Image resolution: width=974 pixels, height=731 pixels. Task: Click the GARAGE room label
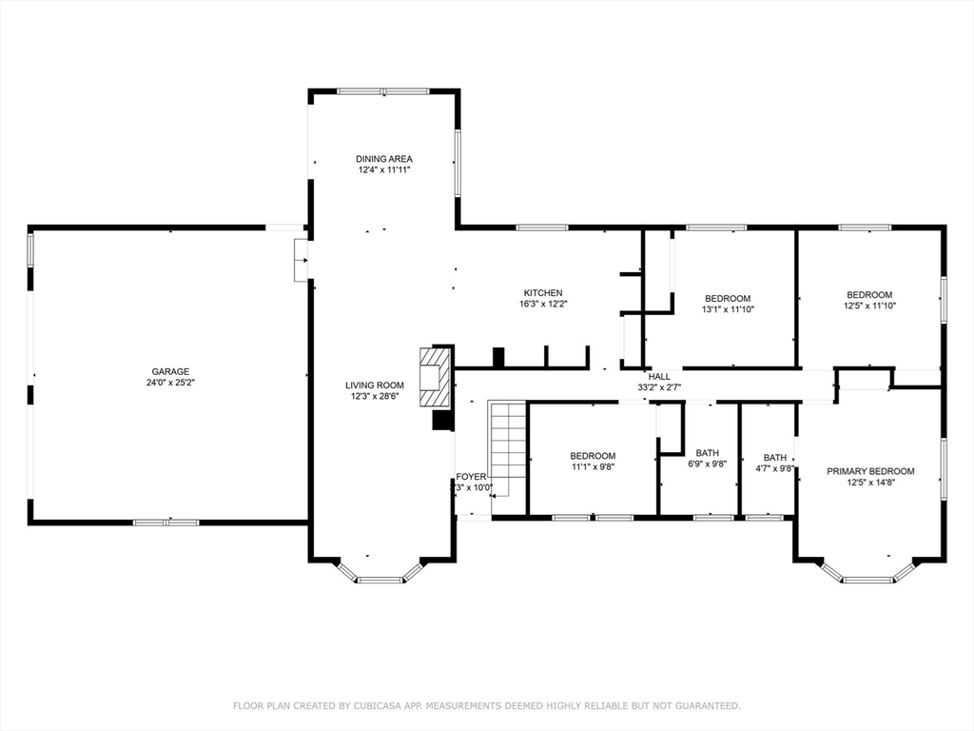[170, 371]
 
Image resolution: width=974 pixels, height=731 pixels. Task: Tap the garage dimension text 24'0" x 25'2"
[170, 383]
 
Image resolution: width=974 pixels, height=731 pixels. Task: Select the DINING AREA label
[384, 159]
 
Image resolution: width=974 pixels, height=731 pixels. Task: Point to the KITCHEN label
[543, 293]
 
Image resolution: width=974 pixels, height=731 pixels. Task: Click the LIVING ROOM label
[375, 385]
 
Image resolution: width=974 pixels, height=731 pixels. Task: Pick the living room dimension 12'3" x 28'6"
[375, 397]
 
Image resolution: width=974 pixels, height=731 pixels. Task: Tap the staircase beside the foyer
[508, 447]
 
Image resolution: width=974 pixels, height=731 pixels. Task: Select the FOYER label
[471, 477]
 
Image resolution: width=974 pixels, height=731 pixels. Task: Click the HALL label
[659, 377]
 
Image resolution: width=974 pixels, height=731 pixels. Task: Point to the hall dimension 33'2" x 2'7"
[659, 387]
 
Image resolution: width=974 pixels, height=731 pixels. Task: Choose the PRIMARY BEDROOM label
[870, 471]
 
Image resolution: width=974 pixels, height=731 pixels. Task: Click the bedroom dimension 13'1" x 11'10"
[728, 309]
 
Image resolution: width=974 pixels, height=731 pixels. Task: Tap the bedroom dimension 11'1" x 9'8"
[593, 467]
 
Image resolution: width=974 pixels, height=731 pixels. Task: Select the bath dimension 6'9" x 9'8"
[707, 464]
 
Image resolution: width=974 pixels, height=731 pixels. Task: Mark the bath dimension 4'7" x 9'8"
[775, 468]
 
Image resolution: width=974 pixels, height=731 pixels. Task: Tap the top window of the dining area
[383, 91]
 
